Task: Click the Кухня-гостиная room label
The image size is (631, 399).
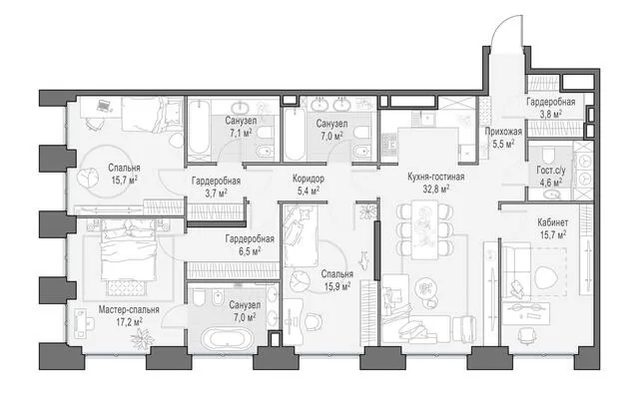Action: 436,177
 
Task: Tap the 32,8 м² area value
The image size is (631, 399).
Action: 436,189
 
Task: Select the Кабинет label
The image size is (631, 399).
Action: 553,222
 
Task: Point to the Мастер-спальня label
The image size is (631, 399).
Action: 129,309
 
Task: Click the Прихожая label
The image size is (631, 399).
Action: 503,132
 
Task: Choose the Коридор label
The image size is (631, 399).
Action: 309,179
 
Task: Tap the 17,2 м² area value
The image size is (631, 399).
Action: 129,322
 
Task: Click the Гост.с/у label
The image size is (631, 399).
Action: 551,171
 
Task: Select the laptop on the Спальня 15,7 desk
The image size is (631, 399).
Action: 104,106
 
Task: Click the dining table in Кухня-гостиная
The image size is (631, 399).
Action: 424,229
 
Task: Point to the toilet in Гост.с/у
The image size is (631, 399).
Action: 548,155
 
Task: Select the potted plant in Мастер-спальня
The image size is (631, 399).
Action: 143,338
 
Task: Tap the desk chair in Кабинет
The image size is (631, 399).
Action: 525,334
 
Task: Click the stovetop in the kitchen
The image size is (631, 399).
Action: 388,145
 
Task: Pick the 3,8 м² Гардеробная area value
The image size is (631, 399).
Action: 551,114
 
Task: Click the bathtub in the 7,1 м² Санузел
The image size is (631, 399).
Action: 198,129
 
